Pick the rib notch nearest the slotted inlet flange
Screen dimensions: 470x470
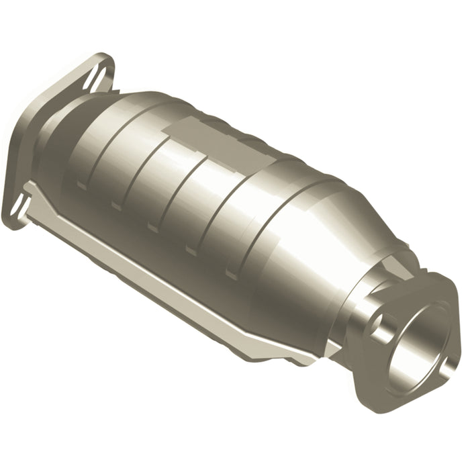point(81,183)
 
